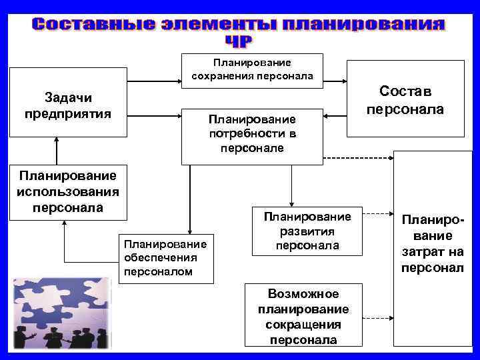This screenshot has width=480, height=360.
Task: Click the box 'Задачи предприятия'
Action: click(67, 102)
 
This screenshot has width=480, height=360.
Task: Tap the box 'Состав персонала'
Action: click(406, 99)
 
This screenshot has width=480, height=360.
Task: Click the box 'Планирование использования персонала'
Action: click(67, 191)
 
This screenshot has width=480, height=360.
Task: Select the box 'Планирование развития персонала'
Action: click(307, 231)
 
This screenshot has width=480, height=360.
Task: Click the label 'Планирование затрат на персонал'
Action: click(432, 243)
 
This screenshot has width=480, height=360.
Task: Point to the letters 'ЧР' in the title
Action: click(239, 41)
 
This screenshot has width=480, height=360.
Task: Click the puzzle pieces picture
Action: click(60, 313)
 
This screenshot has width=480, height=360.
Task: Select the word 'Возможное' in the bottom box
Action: click(303, 294)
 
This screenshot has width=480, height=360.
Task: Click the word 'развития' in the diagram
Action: click(307, 231)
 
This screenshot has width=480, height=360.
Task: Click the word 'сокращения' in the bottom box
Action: click(303, 325)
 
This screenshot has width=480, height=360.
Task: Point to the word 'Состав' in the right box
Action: click(406, 90)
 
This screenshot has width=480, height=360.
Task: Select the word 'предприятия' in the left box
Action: click(67, 112)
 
